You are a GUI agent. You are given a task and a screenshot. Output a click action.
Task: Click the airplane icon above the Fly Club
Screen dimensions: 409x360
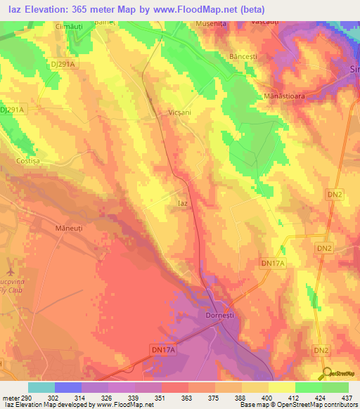9,270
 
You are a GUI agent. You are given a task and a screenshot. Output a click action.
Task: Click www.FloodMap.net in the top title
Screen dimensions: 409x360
198,9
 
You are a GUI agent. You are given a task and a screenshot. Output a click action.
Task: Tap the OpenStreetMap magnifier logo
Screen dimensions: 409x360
328,373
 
